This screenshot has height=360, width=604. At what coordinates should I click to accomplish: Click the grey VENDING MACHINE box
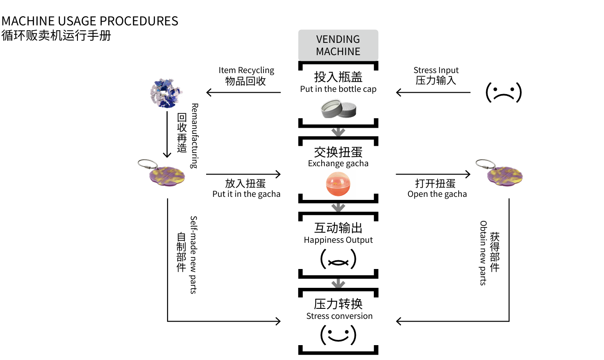click(x=338, y=45)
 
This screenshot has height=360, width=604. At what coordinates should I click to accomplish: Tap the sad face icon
click(x=504, y=92)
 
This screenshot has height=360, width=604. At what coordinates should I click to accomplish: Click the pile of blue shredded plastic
click(x=166, y=92)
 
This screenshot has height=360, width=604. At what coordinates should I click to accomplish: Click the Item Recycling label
click(x=246, y=70)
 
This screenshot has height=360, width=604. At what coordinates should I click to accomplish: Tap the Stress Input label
click(x=436, y=70)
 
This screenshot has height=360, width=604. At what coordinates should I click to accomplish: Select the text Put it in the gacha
click(x=246, y=194)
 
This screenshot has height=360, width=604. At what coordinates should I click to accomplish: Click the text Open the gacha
click(x=437, y=194)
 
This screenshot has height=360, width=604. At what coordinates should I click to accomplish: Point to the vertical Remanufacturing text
click(x=194, y=136)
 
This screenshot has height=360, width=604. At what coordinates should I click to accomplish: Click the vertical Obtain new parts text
click(x=483, y=253)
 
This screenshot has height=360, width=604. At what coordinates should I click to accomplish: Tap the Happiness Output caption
click(x=338, y=240)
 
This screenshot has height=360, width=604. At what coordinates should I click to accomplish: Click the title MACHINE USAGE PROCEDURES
click(x=90, y=21)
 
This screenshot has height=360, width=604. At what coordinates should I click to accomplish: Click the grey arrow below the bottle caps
click(x=338, y=132)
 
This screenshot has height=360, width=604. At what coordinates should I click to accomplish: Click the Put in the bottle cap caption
click(x=338, y=89)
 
